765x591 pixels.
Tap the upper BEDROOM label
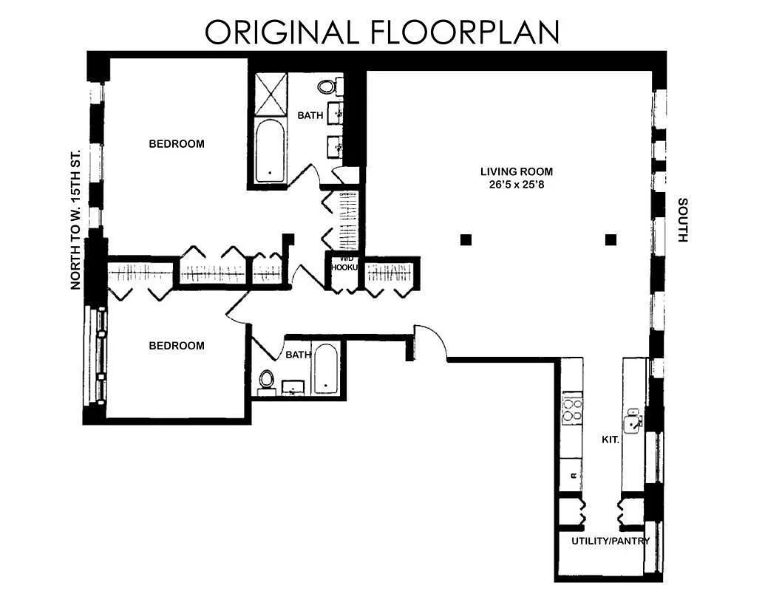[177, 143]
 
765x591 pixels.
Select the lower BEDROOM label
[177, 345]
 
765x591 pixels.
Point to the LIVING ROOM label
[516, 171]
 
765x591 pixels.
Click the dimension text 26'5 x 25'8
[516, 185]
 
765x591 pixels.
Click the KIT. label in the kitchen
[610, 439]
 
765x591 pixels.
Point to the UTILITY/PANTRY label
[611, 541]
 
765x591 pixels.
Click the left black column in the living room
[466, 239]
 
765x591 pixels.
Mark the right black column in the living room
[611, 239]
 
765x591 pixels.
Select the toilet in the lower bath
[266, 380]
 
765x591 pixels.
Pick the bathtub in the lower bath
[325, 369]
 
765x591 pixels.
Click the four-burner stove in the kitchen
[572, 410]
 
